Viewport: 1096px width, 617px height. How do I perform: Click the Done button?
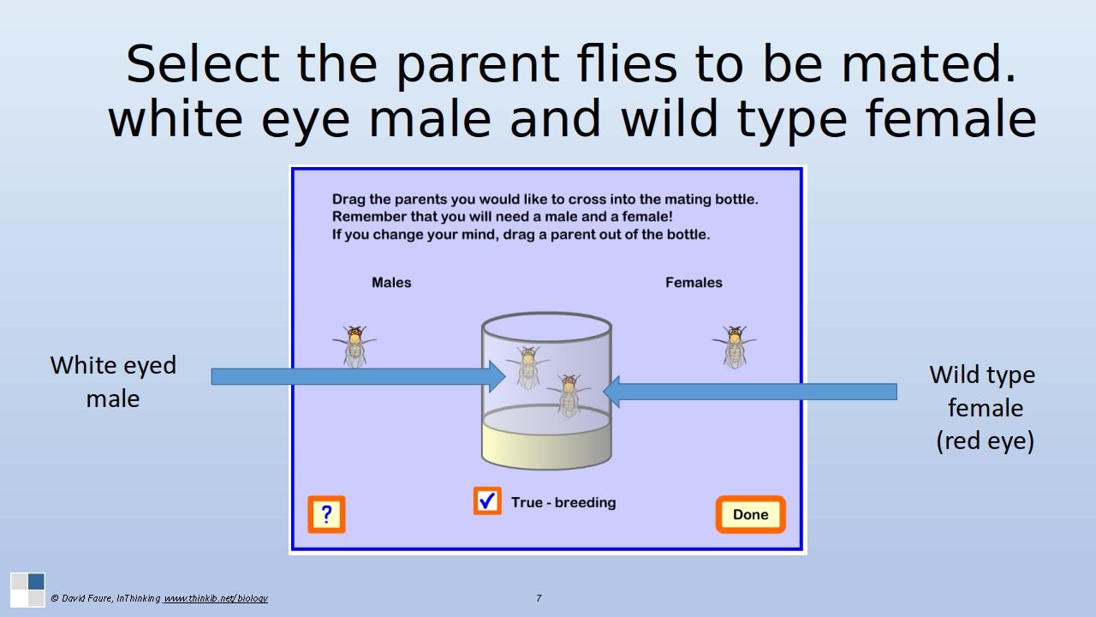coord(751,514)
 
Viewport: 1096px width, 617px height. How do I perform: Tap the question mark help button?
coord(326,514)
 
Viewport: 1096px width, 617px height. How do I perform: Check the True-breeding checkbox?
coord(487,500)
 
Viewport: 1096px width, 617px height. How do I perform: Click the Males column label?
coord(391,283)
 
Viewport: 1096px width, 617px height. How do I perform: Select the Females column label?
coord(694,283)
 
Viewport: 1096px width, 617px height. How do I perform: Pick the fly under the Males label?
coord(354,347)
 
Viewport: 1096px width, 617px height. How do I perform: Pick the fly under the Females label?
coord(735,347)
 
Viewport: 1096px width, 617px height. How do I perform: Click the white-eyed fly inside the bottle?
coord(528,368)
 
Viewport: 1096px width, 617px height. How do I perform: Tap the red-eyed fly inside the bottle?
coord(569,395)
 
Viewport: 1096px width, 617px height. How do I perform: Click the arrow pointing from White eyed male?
coord(358,376)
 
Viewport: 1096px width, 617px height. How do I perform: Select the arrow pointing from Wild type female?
coord(750,392)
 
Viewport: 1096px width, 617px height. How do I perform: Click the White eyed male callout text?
coord(113,382)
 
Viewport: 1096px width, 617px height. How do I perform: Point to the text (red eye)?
coord(985,440)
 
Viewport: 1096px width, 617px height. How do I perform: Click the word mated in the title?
coord(928,63)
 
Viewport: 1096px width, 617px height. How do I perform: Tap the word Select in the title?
coord(203,63)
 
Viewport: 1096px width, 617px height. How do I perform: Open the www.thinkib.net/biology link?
coord(215,598)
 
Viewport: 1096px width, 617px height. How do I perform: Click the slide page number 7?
coord(539,598)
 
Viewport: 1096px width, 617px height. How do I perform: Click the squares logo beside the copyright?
coord(28,590)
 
